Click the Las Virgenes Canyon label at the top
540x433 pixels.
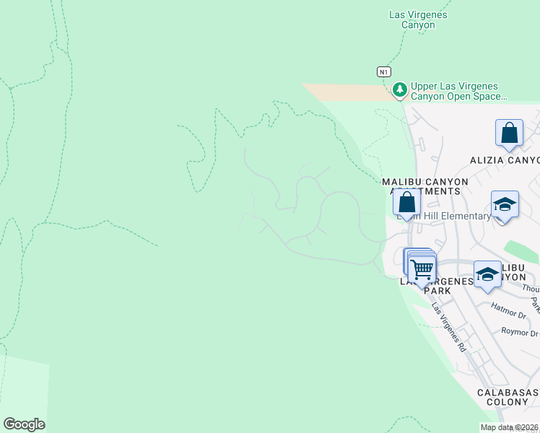pos(418,19)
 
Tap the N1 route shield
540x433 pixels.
pos(384,71)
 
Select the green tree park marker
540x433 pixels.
pos(399,90)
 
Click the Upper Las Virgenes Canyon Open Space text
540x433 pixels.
pos(458,91)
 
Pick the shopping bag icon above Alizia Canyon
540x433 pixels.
pos(509,134)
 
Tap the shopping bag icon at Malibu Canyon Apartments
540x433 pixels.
pos(406,204)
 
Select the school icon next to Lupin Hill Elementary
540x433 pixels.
pos(505,204)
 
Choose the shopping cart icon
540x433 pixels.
pos(422,270)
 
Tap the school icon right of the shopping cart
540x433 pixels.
pos(488,275)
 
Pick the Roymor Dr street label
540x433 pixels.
pos(520,333)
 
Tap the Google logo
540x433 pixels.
pos(24,424)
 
